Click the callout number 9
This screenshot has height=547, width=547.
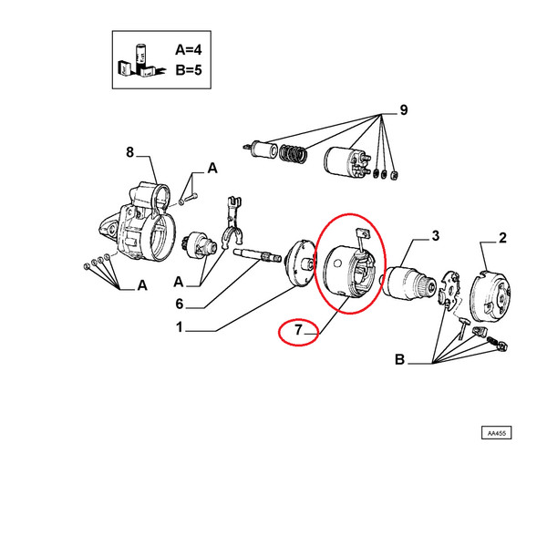click(403, 110)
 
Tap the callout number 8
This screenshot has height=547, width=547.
click(129, 152)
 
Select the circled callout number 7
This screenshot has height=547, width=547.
click(298, 330)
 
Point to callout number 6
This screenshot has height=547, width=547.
click(180, 304)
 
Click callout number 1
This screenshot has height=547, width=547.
click(180, 327)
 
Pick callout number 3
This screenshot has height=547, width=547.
click(436, 236)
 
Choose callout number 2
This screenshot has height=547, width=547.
click(502, 238)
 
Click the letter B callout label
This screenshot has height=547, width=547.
click(400, 359)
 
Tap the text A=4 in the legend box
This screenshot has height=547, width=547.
click(189, 50)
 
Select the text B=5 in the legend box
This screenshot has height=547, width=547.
click(189, 70)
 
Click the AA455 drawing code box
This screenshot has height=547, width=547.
click(497, 433)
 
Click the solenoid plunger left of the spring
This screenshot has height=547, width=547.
click(261, 150)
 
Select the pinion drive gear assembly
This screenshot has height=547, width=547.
click(200, 245)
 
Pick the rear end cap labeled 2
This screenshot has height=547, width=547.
click(490, 294)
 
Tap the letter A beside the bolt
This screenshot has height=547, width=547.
click(212, 169)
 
